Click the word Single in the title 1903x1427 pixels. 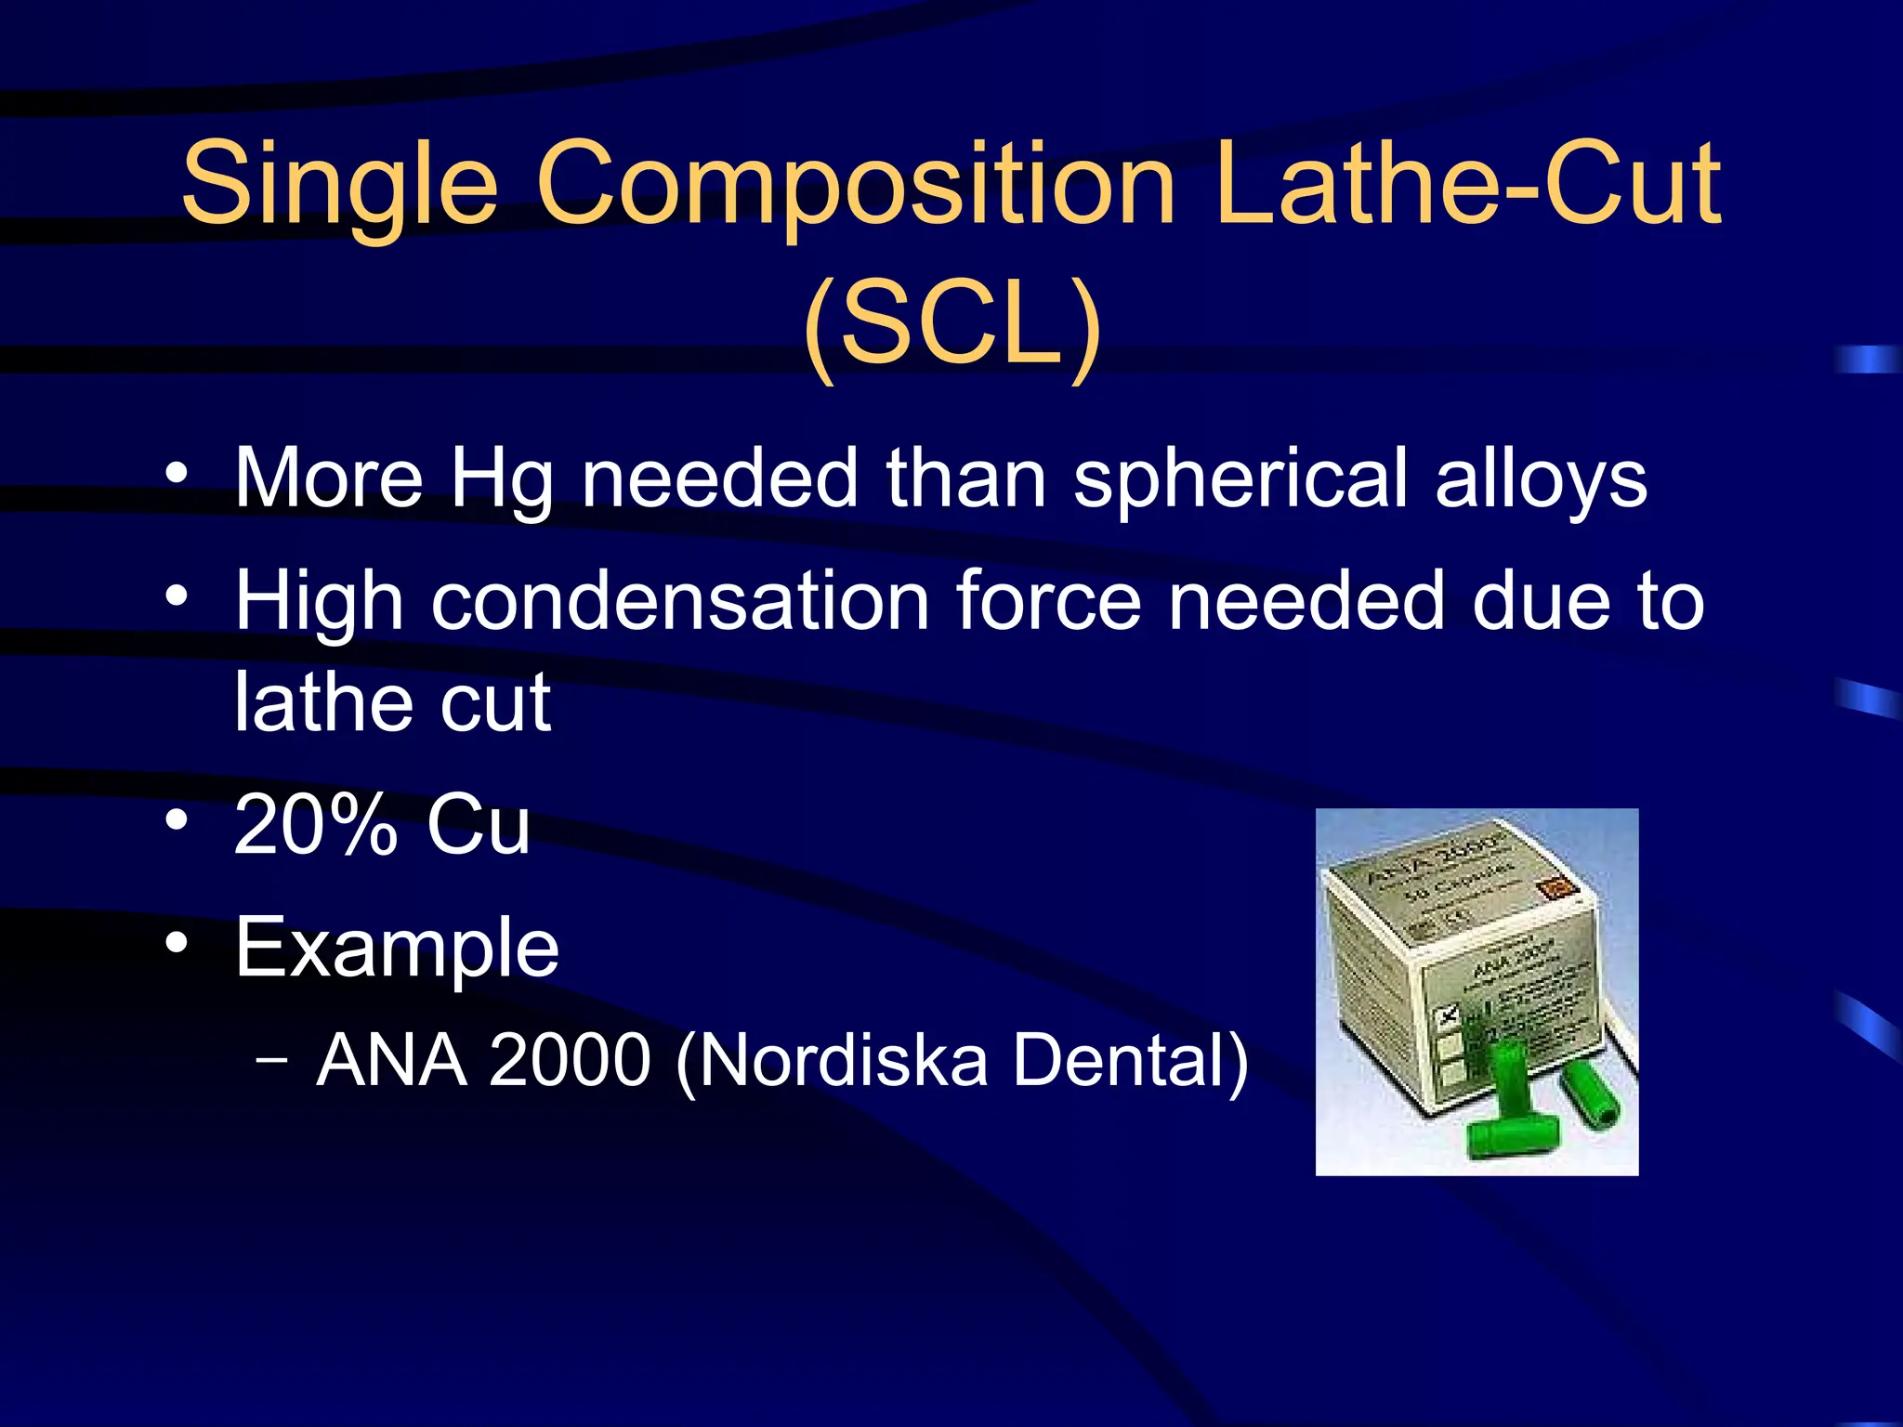[339, 183]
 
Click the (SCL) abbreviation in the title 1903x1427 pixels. [951, 325]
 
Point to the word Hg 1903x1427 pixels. [502, 479]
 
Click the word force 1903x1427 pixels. [1048, 602]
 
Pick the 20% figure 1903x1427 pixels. [316, 824]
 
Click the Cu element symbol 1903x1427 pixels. [478, 824]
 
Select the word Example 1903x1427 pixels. [397, 948]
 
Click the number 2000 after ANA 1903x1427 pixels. [569, 1060]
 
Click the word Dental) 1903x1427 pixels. [1130, 1060]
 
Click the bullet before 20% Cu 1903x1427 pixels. [177, 820]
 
